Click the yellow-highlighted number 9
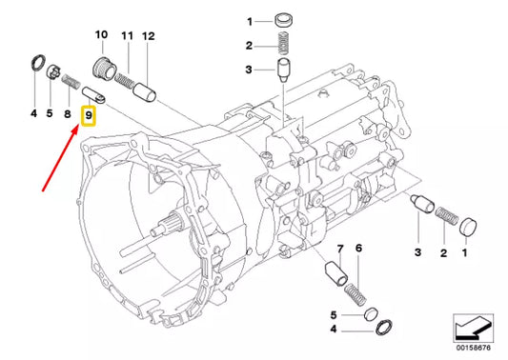[x=89, y=115]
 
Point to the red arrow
[x=61, y=158]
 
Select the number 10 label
[x=101, y=34]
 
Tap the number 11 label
[x=128, y=35]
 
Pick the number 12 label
[x=149, y=36]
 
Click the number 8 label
[x=67, y=113]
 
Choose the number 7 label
[x=340, y=249]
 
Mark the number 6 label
[x=358, y=248]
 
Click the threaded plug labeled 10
[x=104, y=68]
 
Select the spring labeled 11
[x=125, y=81]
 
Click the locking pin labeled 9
[x=93, y=96]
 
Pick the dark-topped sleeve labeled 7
[x=336, y=274]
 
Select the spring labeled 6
[x=356, y=294]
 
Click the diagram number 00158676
[x=474, y=348]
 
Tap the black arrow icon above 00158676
[x=473, y=329]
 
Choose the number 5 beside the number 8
[x=50, y=113]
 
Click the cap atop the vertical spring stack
[x=284, y=21]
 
